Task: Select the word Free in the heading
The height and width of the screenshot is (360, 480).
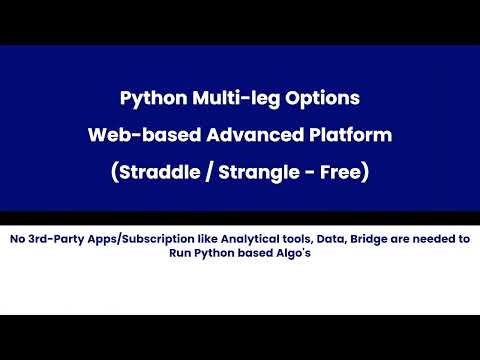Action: click(343, 172)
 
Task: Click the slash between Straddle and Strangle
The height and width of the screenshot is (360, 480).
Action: click(204, 172)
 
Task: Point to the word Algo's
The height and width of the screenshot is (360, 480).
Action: click(291, 255)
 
